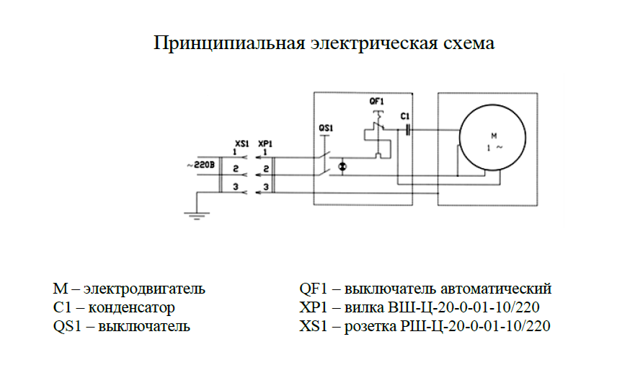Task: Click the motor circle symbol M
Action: pyautogui.click(x=460, y=138)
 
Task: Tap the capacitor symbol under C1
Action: pyautogui.click(x=407, y=129)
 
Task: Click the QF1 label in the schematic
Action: pyautogui.click(x=376, y=101)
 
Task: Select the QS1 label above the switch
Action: pyautogui.click(x=326, y=128)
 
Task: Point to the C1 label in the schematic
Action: pyautogui.click(x=405, y=116)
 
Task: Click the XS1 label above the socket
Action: pyautogui.click(x=242, y=144)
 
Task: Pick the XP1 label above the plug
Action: pyautogui.click(x=265, y=144)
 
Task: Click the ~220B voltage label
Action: pyautogui.click(x=201, y=165)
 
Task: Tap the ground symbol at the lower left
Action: pyautogui.click(x=197, y=216)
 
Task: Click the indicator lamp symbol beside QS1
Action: pyautogui.click(x=342, y=167)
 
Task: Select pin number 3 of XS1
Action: pyautogui.click(x=236, y=187)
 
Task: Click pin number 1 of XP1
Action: pyautogui.click(x=265, y=152)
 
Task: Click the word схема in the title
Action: pyautogui.click(x=469, y=43)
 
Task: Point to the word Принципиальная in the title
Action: pyautogui.click(x=229, y=43)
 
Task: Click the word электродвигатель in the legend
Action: pyautogui.click(x=144, y=289)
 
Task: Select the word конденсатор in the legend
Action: pyautogui.click(x=131, y=307)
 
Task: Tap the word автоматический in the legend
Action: pyautogui.click(x=496, y=289)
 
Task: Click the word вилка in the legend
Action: pyautogui.click(x=364, y=307)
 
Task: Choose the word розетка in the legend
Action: pyautogui.click(x=370, y=326)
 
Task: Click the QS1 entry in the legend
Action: pyautogui.click(x=67, y=326)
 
